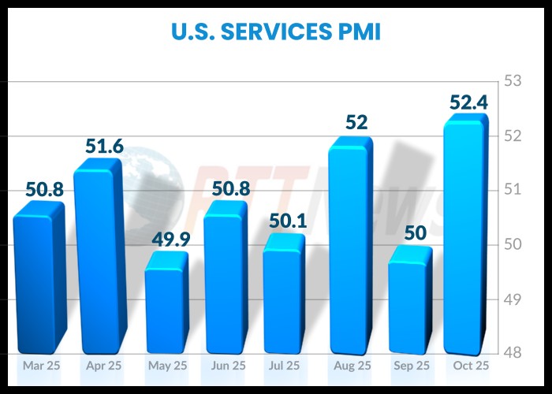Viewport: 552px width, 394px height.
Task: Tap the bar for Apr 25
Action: [x=98, y=260]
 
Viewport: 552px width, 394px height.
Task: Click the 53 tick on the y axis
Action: [x=513, y=81]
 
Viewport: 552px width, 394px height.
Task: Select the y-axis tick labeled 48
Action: [x=513, y=354]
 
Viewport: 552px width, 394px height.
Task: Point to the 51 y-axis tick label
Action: [x=513, y=190]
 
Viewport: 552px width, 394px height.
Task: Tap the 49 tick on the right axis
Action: [x=513, y=299]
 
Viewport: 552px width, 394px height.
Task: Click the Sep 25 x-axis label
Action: [x=412, y=366]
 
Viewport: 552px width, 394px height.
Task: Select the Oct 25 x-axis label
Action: [x=471, y=366]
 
